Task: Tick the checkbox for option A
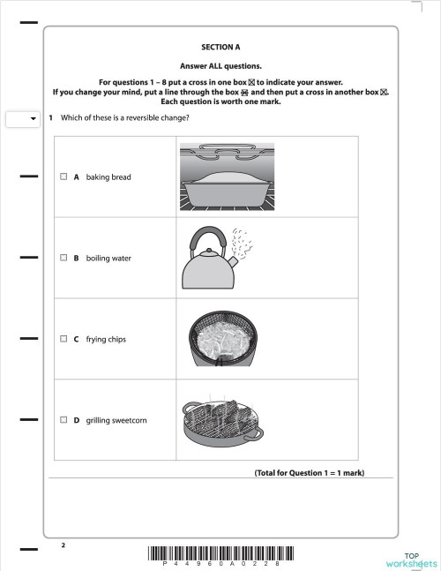click(x=64, y=177)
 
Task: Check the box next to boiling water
click(x=64, y=259)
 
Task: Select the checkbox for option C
click(x=64, y=339)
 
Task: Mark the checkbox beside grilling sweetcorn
click(x=64, y=420)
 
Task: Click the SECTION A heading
click(x=220, y=48)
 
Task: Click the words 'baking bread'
click(x=108, y=177)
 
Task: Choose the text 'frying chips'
click(x=106, y=339)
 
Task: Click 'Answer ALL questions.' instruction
click(x=220, y=65)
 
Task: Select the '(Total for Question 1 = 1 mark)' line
click(x=309, y=473)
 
